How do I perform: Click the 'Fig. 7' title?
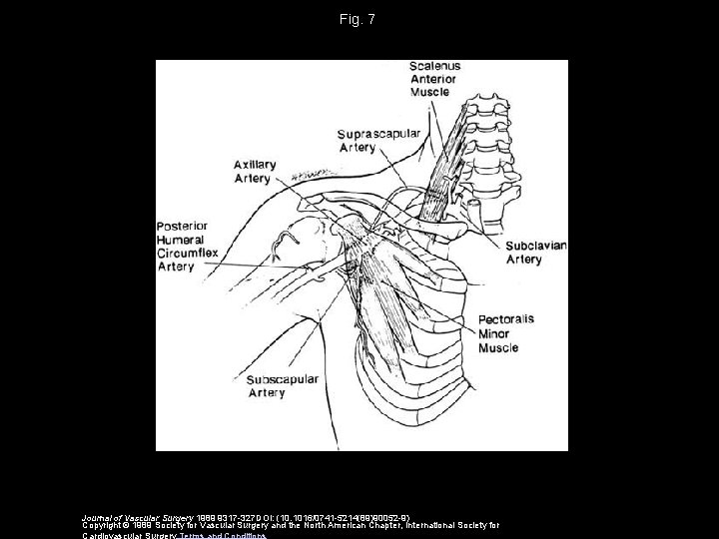[x=359, y=19]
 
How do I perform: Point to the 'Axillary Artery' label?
[x=252, y=171]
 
